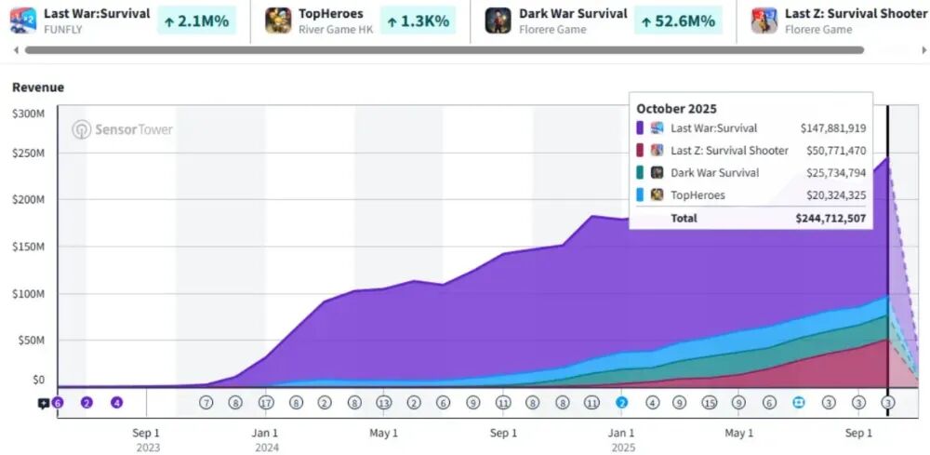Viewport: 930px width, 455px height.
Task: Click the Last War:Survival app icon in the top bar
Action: [23, 20]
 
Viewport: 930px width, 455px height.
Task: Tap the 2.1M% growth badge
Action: [196, 20]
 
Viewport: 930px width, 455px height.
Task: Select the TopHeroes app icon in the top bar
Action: [278, 20]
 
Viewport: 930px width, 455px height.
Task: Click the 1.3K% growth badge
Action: [417, 20]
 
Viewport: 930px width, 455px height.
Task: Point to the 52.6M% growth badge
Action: [678, 20]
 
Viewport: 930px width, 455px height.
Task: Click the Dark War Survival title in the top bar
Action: [573, 14]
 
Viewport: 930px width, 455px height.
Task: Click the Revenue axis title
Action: [38, 87]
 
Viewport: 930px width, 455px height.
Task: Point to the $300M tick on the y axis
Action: [28, 114]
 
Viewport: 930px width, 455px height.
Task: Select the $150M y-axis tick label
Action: [28, 248]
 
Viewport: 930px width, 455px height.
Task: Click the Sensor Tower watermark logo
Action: [122, 130]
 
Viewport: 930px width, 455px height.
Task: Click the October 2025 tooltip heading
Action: [676, 109]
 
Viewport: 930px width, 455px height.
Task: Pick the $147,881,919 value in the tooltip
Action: [832, 128]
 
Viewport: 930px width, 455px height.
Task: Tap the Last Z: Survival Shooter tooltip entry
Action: [729, 151]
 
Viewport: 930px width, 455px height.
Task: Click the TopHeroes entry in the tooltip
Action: [697, 195]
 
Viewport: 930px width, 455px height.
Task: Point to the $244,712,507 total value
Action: [830, 218]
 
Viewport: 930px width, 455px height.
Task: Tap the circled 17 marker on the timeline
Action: [266, 403]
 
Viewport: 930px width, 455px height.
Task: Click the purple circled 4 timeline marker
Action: [117, 403]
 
